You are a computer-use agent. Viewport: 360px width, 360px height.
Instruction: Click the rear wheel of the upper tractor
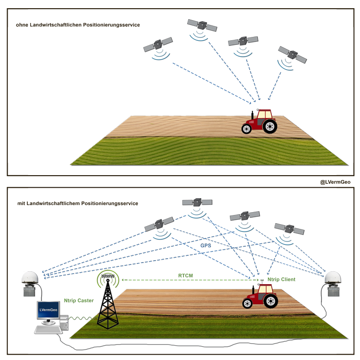270,126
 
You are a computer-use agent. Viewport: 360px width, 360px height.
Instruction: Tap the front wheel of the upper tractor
247,129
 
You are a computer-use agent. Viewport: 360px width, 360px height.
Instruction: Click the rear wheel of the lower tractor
270,300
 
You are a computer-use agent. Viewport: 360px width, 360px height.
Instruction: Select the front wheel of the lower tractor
247,303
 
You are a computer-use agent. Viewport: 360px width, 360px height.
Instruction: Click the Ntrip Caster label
79,300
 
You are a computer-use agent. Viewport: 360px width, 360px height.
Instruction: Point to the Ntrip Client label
281,279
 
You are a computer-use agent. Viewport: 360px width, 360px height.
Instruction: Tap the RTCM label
186,276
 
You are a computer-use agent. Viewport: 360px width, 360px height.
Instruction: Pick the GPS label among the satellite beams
205,245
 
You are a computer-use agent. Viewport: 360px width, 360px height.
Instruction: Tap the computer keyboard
48,330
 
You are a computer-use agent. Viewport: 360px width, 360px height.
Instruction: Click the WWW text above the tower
108,277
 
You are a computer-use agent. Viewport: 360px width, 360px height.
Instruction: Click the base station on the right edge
332,286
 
